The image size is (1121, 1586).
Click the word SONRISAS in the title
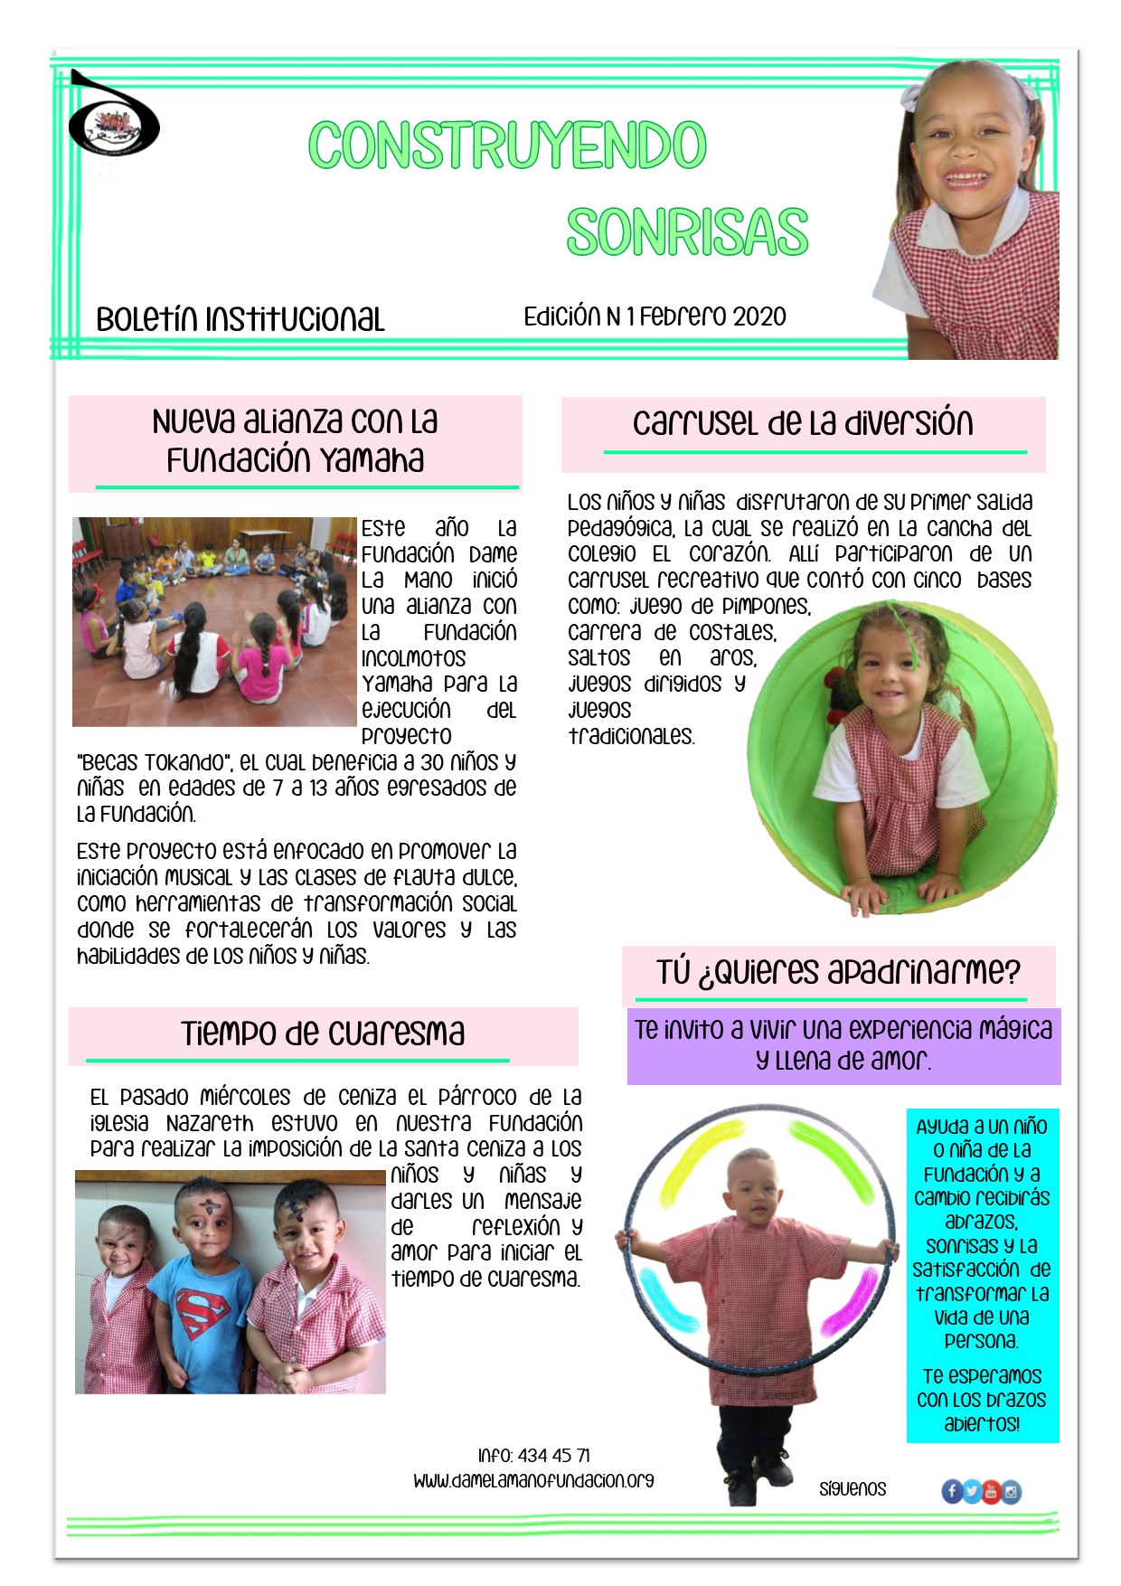click(x=687, y=231)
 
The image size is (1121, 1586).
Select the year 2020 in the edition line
click(x=759, y=316)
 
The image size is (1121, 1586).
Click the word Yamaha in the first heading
click(x=372, y=460)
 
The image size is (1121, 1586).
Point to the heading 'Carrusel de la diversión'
click(x=802, y=423)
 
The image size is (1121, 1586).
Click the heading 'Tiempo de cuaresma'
click(x=323, y=1033)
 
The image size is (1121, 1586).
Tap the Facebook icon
click(x=952, y=1491)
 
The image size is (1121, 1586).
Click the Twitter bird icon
click(x=972, y=1491)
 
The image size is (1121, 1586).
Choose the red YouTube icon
click(x=992, y=1491)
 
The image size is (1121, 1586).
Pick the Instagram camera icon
click(x=1012, y=1491)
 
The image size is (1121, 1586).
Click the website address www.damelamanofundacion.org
click(x=533, y=1481)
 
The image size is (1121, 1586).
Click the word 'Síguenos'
click(x=853, y=1489)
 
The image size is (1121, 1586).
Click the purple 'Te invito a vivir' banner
click(x=843, y=1045)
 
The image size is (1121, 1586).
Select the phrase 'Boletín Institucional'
click(x=240, y=319)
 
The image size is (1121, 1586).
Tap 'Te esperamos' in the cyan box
click(x=982, y=1376)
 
